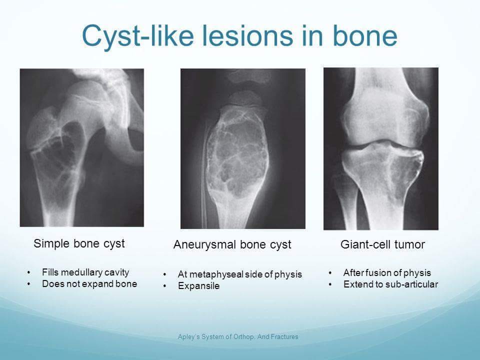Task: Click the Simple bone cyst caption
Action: (79, 243)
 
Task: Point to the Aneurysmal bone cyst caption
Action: (232, 244)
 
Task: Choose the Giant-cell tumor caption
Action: (382, 244)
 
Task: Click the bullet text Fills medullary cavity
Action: (85, 272)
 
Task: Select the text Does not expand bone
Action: (89, 284)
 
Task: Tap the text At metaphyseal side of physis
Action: (240, 274)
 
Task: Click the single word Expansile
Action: (198, 286)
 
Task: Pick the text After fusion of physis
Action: (387, 272)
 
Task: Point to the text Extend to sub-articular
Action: (390, 284)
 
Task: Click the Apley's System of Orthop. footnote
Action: (238, 336)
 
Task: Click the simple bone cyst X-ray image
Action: (82, 147)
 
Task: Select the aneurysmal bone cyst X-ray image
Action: (243, 148)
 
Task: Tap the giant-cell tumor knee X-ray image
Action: (381, 148)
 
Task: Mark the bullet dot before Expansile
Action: (164, 286)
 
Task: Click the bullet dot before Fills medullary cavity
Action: (29, 272)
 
